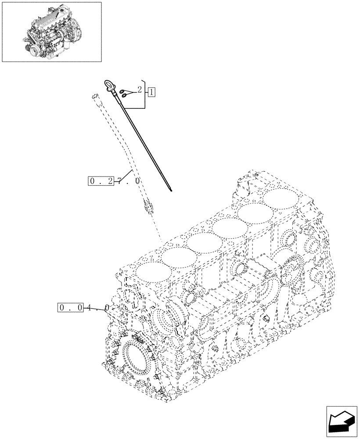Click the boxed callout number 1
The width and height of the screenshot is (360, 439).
(x=151, y=92)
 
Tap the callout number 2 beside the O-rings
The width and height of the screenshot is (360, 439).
(x=139, y=90)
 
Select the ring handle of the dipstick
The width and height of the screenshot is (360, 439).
(x=108, y=85)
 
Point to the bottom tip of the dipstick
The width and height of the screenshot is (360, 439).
(x=170, y=191)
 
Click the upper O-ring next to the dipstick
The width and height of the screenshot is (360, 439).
(x=124, y=88)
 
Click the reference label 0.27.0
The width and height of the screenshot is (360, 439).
(x=114, y=180)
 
